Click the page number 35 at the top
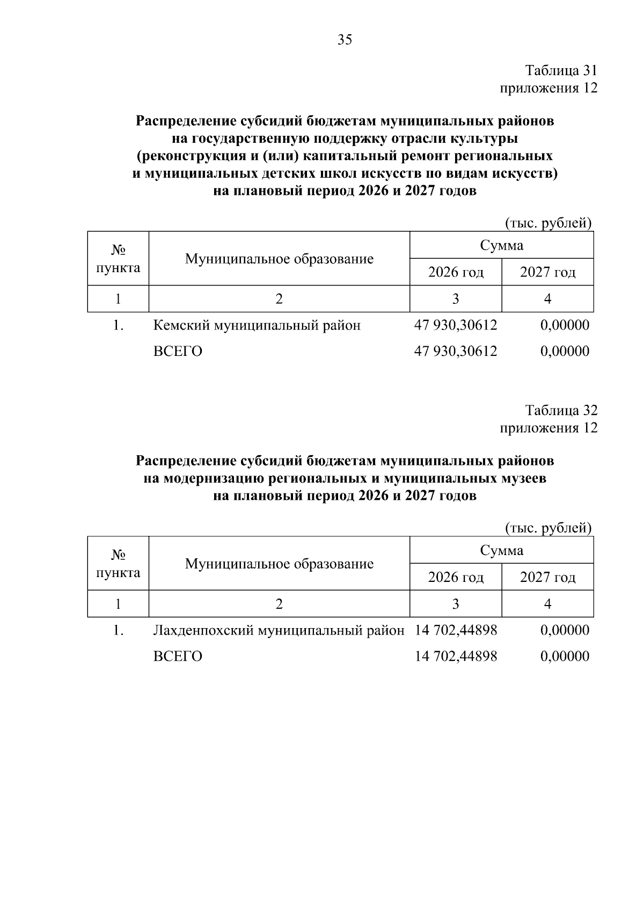click(345, 39)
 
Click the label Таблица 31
click(561, 71)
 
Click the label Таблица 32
click(561, 411)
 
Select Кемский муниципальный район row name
click(257, 325)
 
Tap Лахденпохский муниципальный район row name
click(279, 630)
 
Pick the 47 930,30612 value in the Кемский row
click(456, 325)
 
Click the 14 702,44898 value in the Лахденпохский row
click(456, 630)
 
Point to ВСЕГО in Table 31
click(178, 352)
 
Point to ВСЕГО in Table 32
click(178, 657)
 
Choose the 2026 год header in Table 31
click(456, 272)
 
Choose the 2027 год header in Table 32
click(547, 577)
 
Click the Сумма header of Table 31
click(501, 246)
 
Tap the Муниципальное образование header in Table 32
click(279, 564)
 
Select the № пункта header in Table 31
click(118, 259)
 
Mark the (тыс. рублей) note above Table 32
click(548, 528)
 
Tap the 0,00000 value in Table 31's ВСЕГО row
click(565, 352)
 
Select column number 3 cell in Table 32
click(456, 604)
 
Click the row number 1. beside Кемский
click(119, 325)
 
